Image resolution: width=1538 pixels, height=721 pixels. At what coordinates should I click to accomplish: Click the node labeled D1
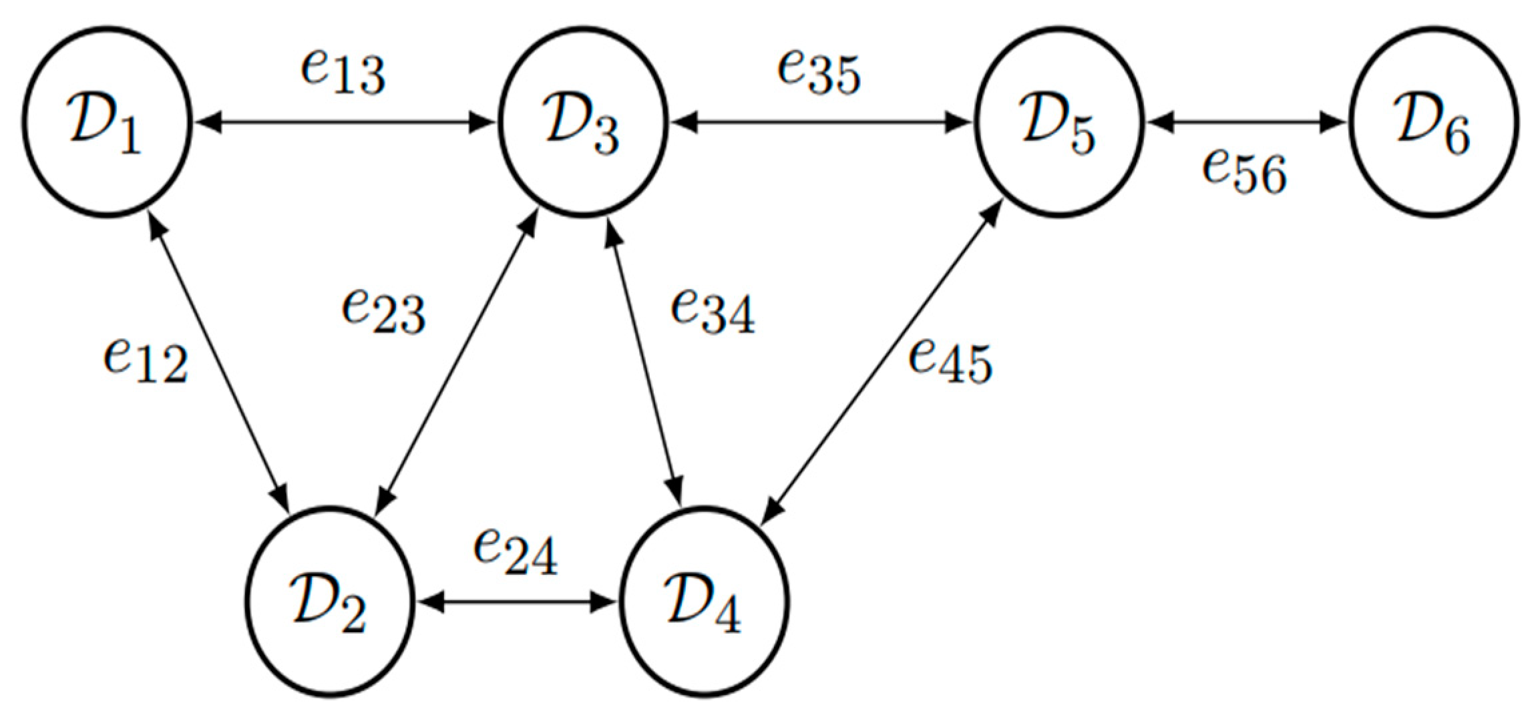point(107,122)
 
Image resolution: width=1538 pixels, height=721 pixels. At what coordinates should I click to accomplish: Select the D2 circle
point(329,601)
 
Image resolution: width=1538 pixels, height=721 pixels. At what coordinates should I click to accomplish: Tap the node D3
point(583,122)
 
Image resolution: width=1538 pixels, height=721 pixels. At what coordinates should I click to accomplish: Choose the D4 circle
point(705,601)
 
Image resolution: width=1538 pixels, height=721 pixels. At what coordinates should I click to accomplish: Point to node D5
point(1059,122)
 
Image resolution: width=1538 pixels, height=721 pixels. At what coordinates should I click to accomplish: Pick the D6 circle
point(1433,122)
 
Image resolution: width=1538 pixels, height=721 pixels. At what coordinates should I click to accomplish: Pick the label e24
point(515,553)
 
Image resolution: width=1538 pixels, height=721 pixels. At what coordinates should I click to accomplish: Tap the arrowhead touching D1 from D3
point(211,123)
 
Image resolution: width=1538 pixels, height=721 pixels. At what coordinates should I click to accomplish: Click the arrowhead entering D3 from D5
point(685,123)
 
